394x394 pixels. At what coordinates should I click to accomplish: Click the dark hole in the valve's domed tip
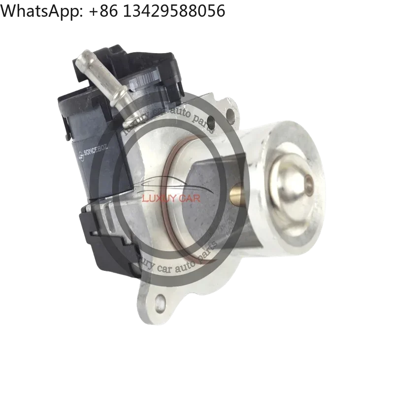[309, 186]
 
